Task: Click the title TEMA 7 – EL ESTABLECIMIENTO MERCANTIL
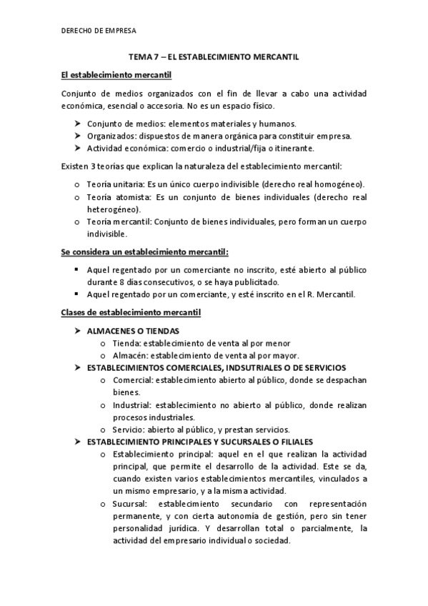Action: point(214,56)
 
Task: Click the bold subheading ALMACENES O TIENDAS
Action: point(133,331)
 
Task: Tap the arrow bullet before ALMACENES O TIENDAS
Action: point(78,331)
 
